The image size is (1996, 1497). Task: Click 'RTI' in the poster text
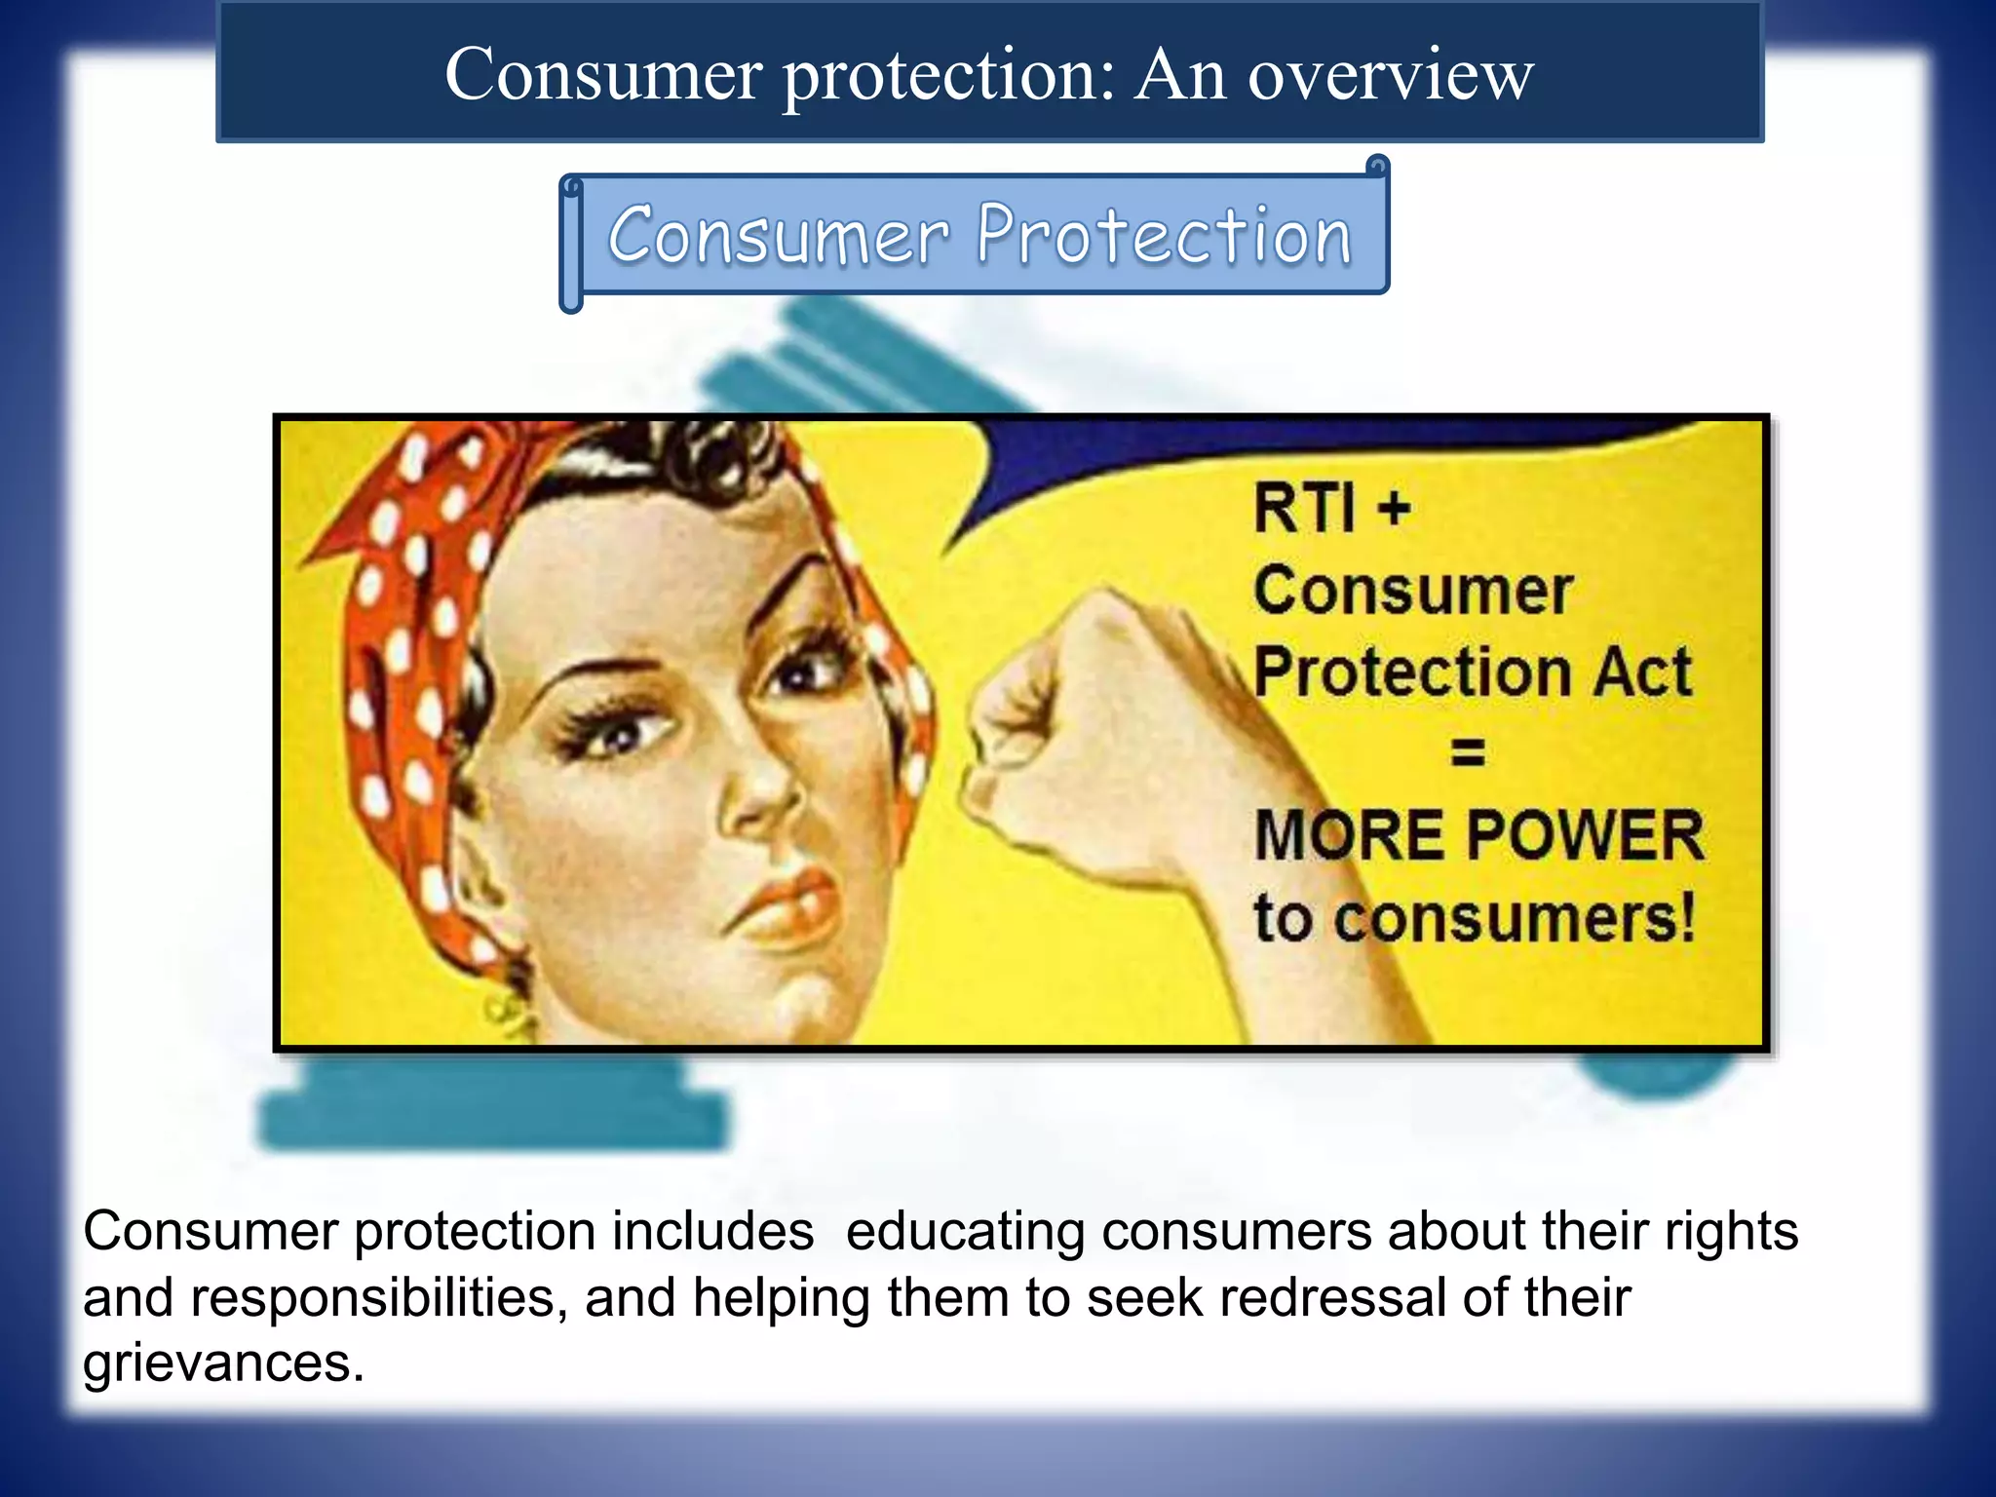(1303, 509)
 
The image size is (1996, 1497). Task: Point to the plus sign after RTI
(1395, 509)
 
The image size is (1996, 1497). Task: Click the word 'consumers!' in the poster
(1515, 918)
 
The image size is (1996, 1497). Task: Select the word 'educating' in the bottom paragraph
(965, 1232)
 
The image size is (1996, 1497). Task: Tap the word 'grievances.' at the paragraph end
(223, 1363)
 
